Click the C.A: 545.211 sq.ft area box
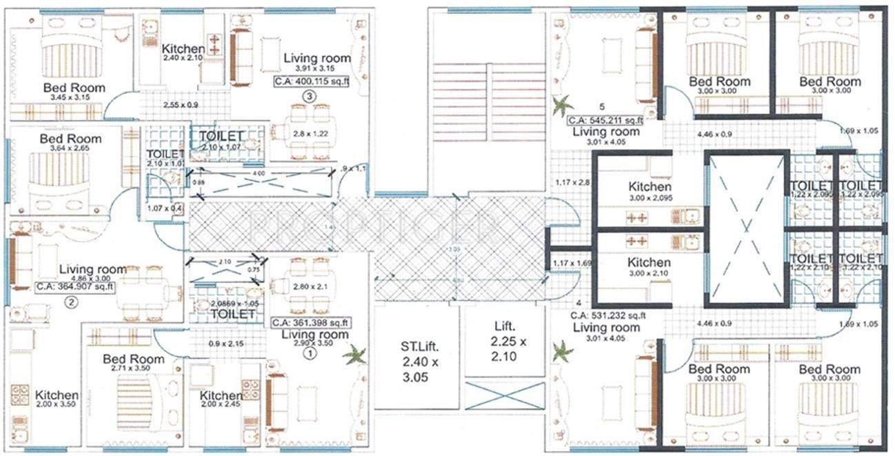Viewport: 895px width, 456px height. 605,119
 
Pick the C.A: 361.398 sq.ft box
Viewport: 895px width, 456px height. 311,322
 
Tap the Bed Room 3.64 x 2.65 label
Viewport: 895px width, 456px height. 71,143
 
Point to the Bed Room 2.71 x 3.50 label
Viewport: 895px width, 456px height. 133,364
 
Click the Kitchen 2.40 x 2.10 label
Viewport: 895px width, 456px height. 183,53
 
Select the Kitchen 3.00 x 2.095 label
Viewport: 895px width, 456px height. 650,192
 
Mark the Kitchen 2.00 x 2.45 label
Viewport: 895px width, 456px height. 221,401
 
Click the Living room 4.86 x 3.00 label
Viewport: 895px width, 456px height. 92,272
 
